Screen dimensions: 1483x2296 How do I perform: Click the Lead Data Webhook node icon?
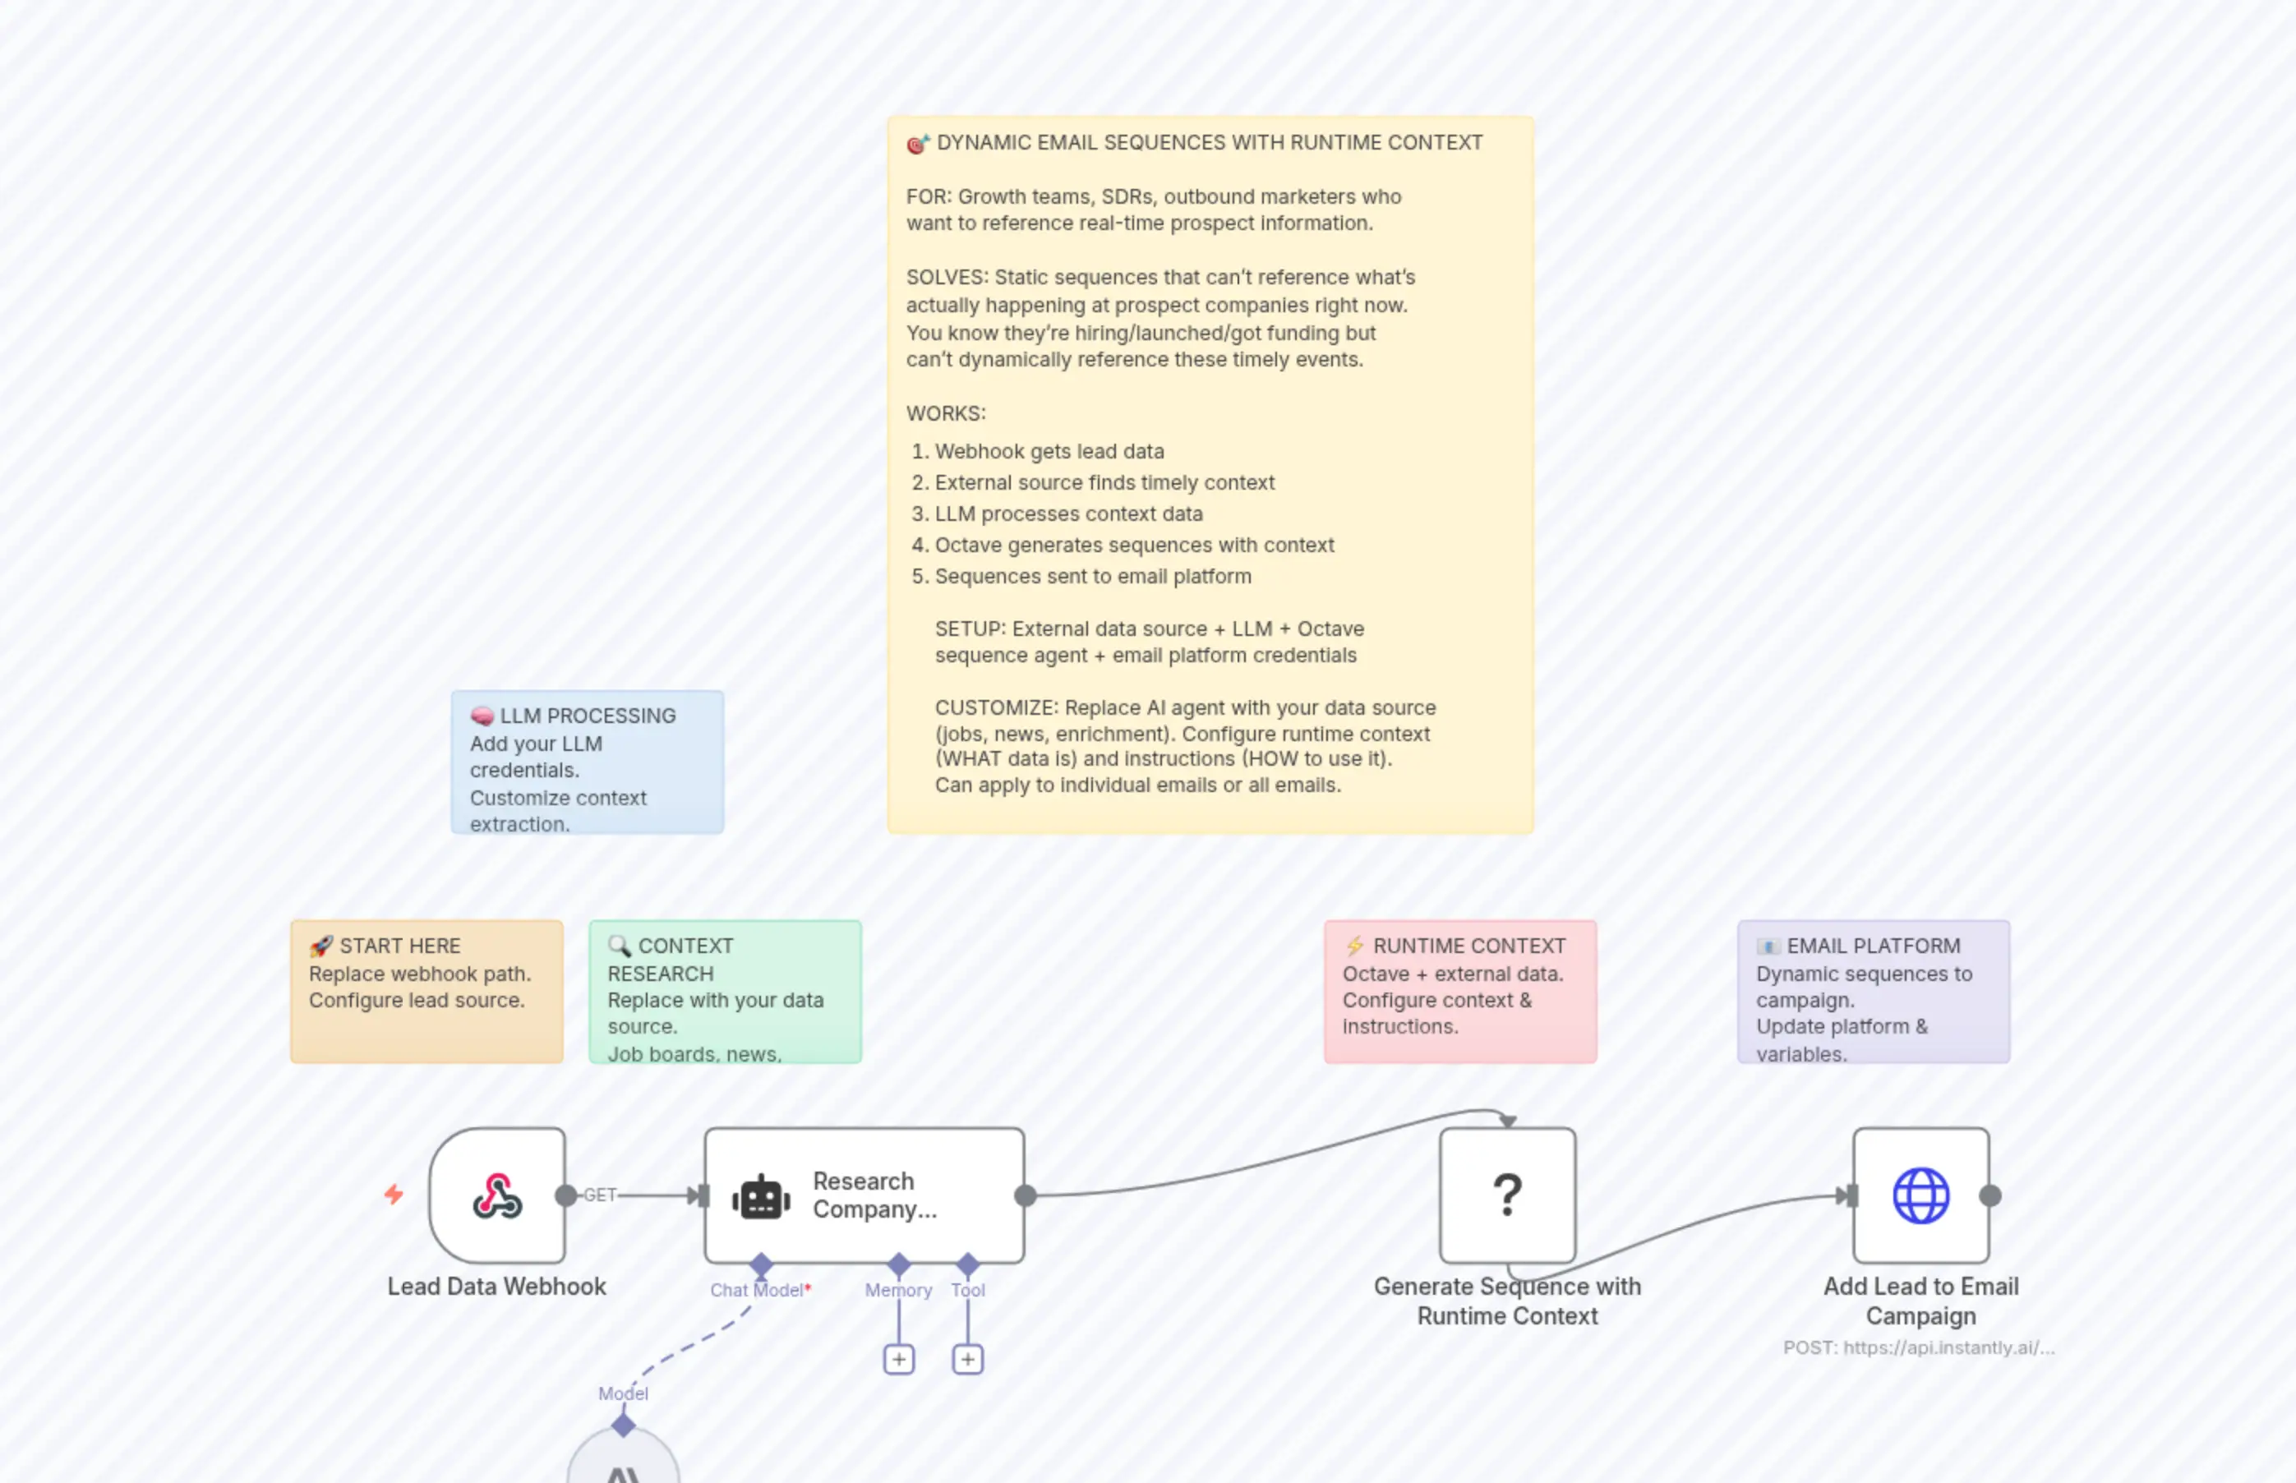click(x=497, y=1195)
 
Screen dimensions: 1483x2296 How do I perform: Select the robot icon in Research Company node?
click(x=761, y=1197)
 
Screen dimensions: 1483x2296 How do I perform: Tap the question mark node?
click(x=1507, y=1195)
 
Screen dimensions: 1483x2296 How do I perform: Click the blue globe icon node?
click(x=1920, y=1195)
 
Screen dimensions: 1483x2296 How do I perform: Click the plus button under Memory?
click(x=898, y=1359)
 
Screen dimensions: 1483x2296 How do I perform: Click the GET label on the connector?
click(x=599, y=1195)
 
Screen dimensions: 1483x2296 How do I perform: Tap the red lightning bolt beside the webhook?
click(x=394, y=1194)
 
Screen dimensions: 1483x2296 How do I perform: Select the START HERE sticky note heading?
click(x=399, y=946)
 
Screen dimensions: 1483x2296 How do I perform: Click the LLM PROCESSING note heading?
click(x=588, y=716)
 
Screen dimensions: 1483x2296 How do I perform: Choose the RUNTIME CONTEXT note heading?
click(x=1468, y=946)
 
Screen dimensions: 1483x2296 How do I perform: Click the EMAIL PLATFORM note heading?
click(x=1874, y=946)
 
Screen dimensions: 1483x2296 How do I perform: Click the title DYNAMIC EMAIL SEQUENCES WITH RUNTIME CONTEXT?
click(x=1209, y=142)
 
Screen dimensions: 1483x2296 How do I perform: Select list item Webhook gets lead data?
click(x=1049, y=451)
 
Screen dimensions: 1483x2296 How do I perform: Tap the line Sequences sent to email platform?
click(x=1093, y=576)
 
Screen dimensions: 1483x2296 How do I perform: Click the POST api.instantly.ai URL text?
click(x=1919, y=1347)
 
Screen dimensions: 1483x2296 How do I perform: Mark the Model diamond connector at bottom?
click(x=623, y=1425)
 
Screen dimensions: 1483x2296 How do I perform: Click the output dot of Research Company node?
click(x=1026, y=1195)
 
